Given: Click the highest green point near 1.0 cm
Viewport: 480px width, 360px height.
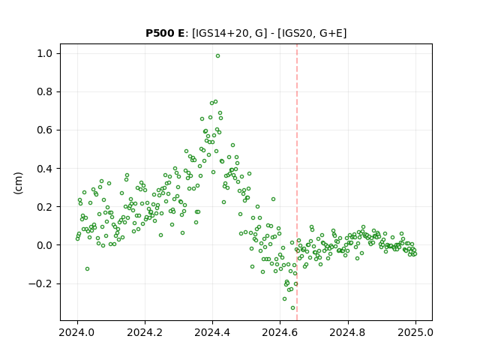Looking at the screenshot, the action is click(x=217, y=56).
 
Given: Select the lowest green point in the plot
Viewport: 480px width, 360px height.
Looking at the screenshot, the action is click(x=293, y=308).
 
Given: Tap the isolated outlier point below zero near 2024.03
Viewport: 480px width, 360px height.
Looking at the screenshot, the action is click(x=87, y=268).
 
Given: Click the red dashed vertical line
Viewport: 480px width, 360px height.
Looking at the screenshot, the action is click(x=297, y=182).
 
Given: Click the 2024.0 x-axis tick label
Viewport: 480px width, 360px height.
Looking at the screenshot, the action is click(x=77, y=332).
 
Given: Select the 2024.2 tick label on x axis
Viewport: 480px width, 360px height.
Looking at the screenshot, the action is click(x=145, y=332).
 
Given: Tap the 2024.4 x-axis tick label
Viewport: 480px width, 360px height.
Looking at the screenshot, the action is click(x=212, y=332).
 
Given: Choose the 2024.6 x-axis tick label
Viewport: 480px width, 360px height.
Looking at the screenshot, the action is click(x=280, y=332).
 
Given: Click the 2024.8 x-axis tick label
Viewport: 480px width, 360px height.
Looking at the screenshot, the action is click(x=348, y=332).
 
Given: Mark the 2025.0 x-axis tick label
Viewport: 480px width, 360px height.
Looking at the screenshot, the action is click(x=415, y=332).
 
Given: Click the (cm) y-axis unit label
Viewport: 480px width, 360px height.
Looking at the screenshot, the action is click(x=18, y=183).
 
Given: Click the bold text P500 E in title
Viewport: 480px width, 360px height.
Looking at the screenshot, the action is click(x=165, y=33).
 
